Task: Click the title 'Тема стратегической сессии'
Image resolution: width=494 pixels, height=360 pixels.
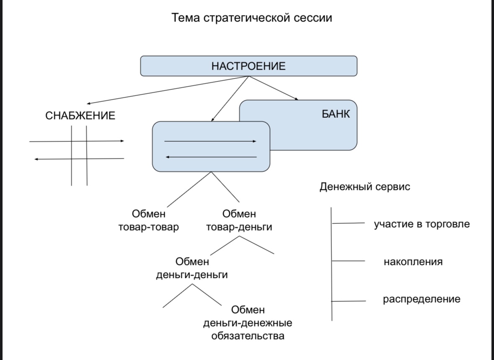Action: [252, 18]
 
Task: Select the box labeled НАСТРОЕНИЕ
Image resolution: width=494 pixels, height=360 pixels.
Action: [248, 66]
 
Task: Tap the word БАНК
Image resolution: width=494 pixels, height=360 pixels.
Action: [336, 114]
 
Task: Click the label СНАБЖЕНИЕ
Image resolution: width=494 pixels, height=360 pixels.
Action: [80, 116]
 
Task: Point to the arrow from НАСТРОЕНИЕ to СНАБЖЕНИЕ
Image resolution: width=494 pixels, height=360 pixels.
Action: [168, 90]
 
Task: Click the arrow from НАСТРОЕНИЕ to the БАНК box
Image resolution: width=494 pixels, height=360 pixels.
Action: [274, 88]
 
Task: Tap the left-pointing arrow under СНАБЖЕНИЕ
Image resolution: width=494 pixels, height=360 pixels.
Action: [79, 159]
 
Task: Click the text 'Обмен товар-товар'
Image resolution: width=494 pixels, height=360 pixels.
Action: [149, 221]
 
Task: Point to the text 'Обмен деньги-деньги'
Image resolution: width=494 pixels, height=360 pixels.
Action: [192, 269]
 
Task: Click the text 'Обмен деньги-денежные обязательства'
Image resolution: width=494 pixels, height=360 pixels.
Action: [248, 323]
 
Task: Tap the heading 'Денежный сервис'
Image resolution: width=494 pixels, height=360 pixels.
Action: [365, 187]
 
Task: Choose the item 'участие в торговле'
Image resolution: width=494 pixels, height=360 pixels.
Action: [422, 224]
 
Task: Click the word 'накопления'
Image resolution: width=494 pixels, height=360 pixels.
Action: [413, 262]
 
